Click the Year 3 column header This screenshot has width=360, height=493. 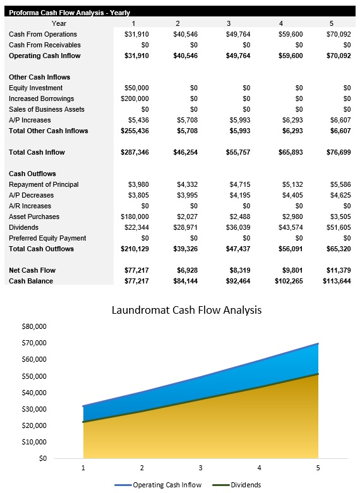click(228, 23)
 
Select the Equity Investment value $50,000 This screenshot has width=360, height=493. click(135, 88)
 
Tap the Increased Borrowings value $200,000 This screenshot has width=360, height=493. click(134, 98)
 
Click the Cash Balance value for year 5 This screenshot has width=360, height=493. click(336, 281)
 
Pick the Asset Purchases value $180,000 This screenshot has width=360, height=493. click(134, 217)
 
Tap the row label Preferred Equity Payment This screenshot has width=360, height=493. click(47, 238)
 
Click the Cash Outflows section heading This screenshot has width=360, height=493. click(32, 174)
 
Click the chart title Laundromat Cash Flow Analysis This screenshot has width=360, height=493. click(186, 310)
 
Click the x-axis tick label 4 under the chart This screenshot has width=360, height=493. click(260, 468)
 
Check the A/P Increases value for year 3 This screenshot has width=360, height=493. click(234, 120)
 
